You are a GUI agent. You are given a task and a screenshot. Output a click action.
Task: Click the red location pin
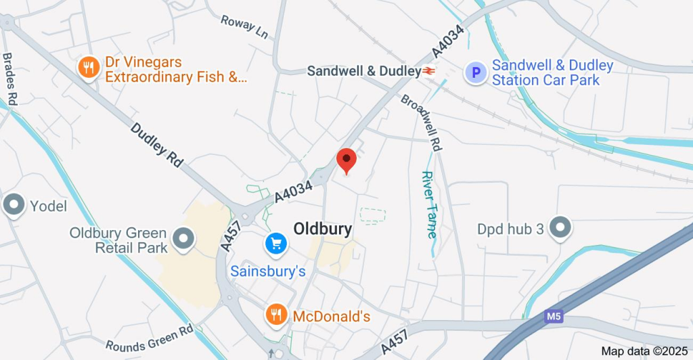(346, 160)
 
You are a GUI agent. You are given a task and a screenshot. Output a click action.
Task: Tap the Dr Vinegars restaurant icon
(88, 68)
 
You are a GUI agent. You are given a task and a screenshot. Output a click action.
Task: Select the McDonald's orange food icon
(275, 314)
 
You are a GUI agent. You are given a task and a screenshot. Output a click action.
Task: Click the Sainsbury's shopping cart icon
(276, 243)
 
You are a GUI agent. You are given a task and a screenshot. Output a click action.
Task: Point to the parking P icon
(476, 72)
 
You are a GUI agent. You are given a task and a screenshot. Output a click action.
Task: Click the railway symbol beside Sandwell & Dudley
(429, 70)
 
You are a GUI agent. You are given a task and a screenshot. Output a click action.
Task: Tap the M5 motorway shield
(553, 316)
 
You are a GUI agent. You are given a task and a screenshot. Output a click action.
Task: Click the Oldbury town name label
(323, 229)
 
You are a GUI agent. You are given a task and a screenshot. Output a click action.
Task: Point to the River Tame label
(429, 204)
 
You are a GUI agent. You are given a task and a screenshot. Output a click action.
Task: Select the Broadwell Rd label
(422, 122)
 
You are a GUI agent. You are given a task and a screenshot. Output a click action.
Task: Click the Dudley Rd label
(157, 145)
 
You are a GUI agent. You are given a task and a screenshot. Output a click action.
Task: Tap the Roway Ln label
(244, 25)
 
